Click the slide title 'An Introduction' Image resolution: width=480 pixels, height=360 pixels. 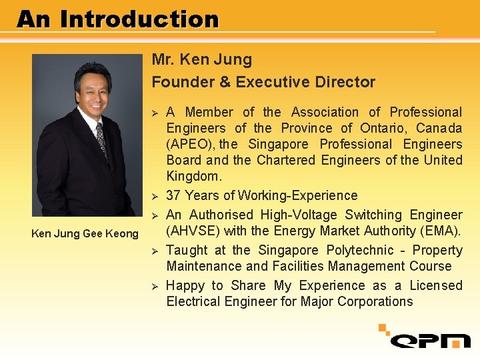pyautogui.click(x=118, y=19)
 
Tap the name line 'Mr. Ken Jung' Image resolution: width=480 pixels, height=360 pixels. pyautogui.click(x=202, y=59)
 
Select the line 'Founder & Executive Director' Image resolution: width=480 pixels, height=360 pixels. pyautogui.click(x=263, y=82)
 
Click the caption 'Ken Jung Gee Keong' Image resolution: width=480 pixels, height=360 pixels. pyautogui.click(x=85, y=233)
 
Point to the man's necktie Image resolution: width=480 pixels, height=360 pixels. pyautogui.click(x=101, y=141)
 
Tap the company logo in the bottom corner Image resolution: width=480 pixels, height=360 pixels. pyautogui.click(x=427, y=337)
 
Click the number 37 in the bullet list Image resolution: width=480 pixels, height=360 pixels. pyautogui.click(x=173, y=195)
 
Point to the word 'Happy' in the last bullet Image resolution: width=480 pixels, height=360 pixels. pyautogui.click(x=185, y=285)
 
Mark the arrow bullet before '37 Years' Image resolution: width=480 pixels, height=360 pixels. pyautogui.click(x=154, y=196)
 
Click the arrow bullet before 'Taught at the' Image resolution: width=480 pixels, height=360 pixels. pyautogui.click(x=154, y=251)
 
